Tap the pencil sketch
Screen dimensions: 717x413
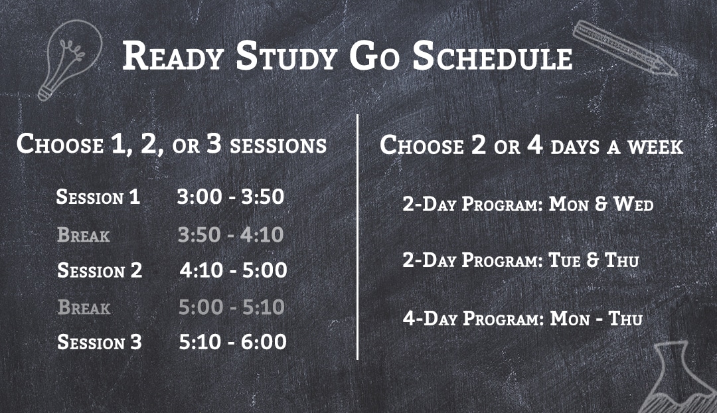coord(625,48)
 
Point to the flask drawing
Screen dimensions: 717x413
coord(677,380)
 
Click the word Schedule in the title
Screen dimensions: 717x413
coord(493,56)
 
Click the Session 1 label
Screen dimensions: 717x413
coord(98,197)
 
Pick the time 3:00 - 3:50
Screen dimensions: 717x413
coord(230,197)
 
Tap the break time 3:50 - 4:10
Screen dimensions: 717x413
coord(230,234)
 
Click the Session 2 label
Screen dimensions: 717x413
coord(100,270)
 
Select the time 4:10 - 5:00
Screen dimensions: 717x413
coord(233,270)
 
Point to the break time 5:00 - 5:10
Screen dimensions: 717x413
coord(232,307)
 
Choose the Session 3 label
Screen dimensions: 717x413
coord(100,343)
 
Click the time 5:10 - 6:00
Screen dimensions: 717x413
coord(233,342)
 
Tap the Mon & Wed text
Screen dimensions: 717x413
coord(601,204)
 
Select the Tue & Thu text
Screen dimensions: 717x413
coord(594,260)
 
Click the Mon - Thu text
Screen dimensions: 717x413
coord(596,318)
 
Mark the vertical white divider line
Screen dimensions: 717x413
coord(357,237)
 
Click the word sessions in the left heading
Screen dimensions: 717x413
coord(278,146)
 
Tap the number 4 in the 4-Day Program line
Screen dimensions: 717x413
coord(409,318)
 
